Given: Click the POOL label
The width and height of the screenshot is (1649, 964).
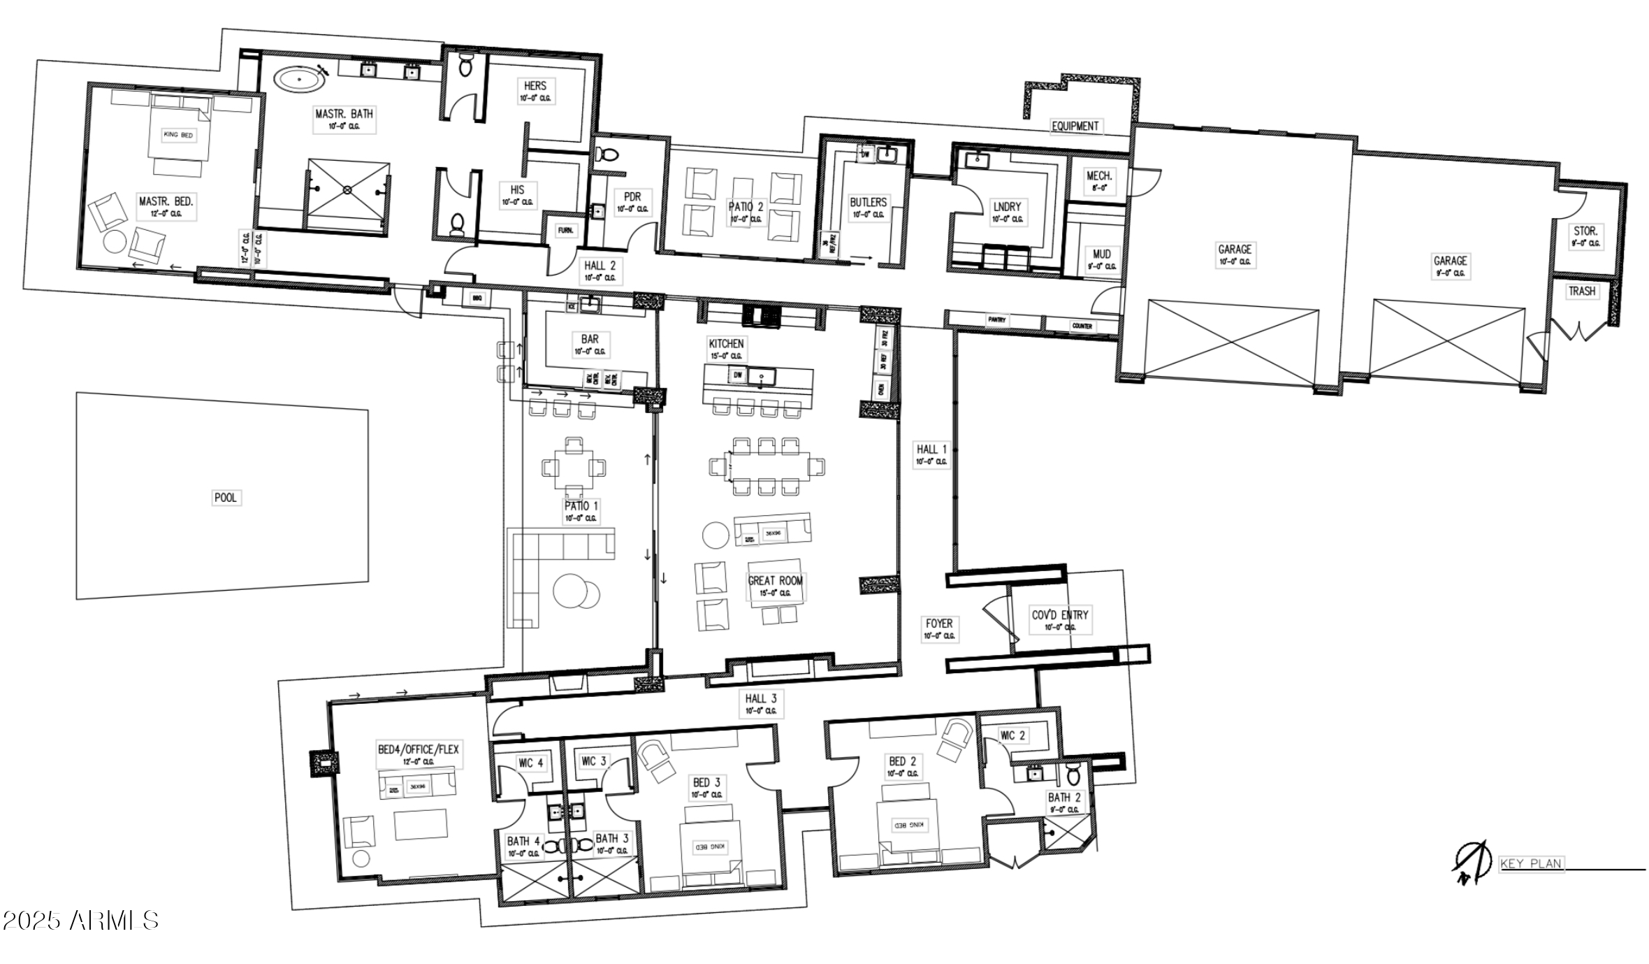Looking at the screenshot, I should tap(225, 498).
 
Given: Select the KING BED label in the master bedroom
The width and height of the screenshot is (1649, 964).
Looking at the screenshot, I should tap(177, 134).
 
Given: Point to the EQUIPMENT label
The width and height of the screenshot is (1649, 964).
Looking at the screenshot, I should tap(1075, 127).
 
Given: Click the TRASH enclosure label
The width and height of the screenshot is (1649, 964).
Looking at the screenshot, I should tap(1581, 292).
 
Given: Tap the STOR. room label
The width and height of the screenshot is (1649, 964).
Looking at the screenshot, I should tap(1585, 231).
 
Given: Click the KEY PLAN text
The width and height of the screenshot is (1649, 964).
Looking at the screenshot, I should tap(1530, 864).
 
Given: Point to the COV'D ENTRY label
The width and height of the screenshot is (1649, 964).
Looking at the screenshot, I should tap(1060, 615).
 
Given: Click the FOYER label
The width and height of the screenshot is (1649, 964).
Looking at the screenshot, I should tap(938, 624).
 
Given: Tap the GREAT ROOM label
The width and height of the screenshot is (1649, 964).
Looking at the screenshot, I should tap(775, 581).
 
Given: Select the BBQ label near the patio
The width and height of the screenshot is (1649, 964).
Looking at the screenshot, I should tap(477, 298).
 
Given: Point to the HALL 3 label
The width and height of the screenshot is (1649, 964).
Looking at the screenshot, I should tap(760, 698).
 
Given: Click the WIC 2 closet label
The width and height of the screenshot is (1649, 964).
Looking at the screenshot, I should tap(1012, 735).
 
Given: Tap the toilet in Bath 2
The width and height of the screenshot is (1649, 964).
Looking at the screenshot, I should tap(1073, 775).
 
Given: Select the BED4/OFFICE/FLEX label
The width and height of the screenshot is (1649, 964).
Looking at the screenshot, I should tap(418, 749).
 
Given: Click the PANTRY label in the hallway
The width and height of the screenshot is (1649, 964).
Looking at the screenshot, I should tap(996, 319).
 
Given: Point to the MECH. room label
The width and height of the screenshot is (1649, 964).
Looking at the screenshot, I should tap(1098, 177).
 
